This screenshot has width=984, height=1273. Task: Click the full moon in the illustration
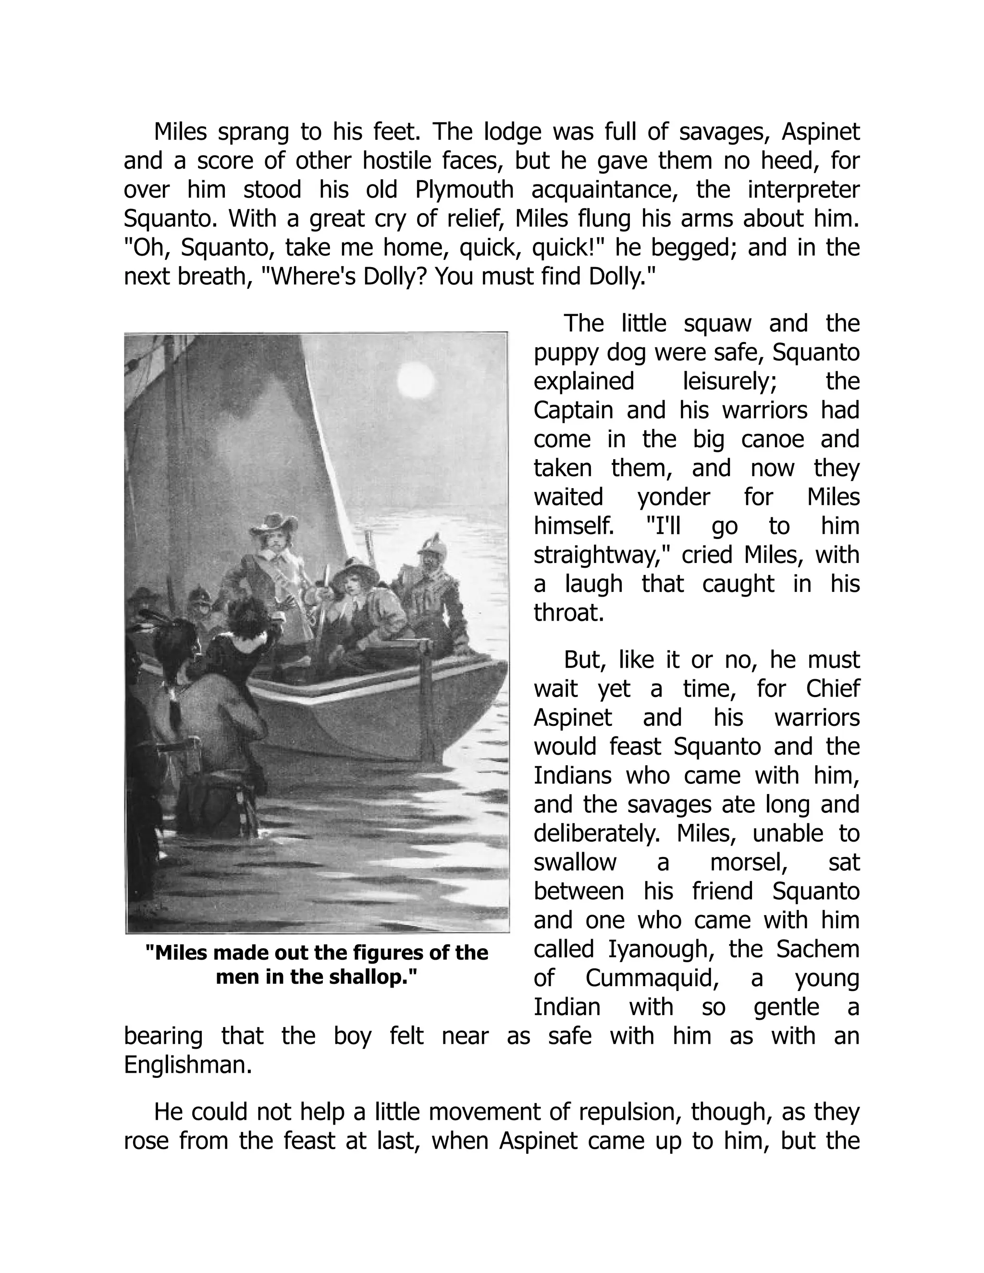pyautogui.click(x=416, y=383)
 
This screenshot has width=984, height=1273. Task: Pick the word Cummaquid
pyautogui.click(x=650, y=978)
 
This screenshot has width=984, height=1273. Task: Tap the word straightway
pyautogui.click(x=599, y=555)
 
